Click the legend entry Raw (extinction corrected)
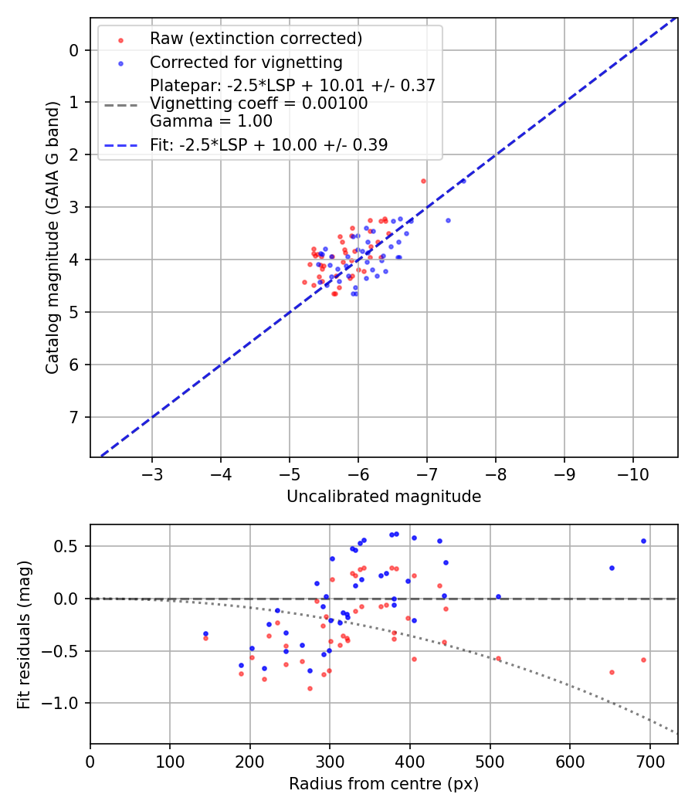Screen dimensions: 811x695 pyautogui.click(x=256, y=39)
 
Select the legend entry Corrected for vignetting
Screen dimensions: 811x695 pyautogui.click(x=246, y=62)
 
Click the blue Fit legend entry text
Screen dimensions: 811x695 pyautogui.click(x=269, y=144)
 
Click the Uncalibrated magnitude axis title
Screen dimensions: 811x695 pyautogui.click(x=384, y=497)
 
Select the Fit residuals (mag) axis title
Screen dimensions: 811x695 pyautogui.click(x=24, y=633)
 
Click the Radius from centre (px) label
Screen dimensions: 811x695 pyautogui.click(x=384, y=784)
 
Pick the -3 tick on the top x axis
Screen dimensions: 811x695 pyautogui.click(x=152, y=473)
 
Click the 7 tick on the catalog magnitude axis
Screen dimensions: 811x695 pyautogui.click(x=74, y=417)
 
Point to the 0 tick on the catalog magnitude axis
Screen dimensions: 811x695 pyautogui.click(x=74, y=50)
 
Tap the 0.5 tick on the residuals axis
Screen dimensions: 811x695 pyautogui.click(x=69, y=546)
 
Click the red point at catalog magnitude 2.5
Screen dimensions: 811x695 pyautogui.click(x=423, y=181)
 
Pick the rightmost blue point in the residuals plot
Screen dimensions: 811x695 pyautogui.click(x=643, y=541)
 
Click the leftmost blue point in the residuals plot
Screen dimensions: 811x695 pyautogui.click(x=205, y=633)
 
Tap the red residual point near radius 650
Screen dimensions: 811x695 pyautogui.click(x=612, y=672)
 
